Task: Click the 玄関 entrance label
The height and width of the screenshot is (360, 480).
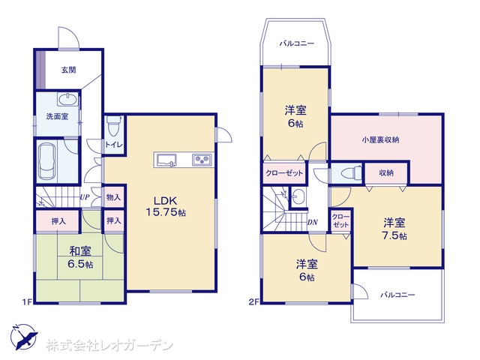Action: tap(68, 70)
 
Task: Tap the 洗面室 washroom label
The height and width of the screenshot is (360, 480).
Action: tap(57, 116)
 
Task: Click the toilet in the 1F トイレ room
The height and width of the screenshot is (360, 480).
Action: tap(114, 125)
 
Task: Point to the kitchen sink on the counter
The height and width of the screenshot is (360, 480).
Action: tap(166, 160)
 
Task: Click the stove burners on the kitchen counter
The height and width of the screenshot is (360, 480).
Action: tap(202, 160)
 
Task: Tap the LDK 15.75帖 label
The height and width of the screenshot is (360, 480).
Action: tap(166, 207)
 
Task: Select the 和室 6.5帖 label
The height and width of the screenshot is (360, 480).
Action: tap(80, 257)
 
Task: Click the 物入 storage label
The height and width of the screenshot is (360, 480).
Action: tap(113, 197)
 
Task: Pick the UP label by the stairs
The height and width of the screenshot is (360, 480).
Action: tap(85, 197)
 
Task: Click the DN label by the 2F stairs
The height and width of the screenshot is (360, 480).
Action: tap(313, 223)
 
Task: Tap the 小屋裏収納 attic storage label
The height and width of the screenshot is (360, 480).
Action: tap(380, 140)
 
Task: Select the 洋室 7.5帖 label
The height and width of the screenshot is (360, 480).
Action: tap(394, 229)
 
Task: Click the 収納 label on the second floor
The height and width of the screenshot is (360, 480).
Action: tap(386, 173)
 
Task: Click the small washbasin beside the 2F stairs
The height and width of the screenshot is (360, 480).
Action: tap(298, 196)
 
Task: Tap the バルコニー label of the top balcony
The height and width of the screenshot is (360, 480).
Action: tap(297, 43)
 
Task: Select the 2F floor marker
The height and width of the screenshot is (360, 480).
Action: tap(253, 302)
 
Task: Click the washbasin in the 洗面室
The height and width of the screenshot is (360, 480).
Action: tap(67, 99)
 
